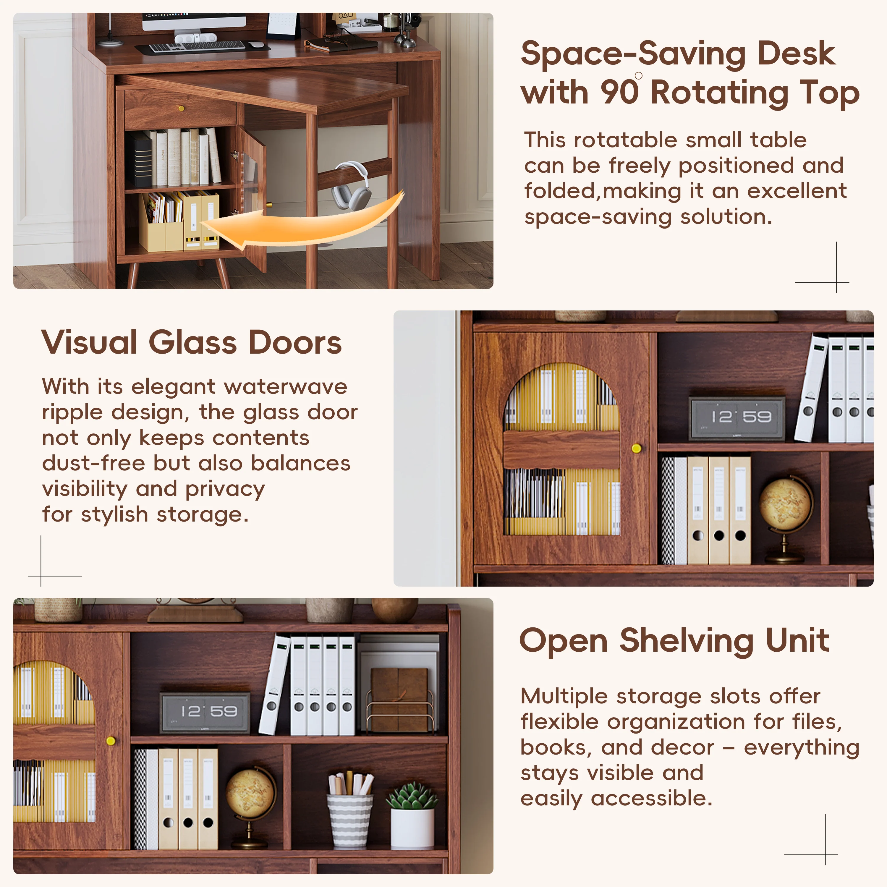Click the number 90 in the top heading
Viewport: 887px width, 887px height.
click(x=619, y=93)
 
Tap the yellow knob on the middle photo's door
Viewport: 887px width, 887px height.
click(x=636, y=448)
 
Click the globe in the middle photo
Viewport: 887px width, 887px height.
click(x=784, y=505)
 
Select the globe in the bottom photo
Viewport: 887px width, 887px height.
click(x=250, y=794)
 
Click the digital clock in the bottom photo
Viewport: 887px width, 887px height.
click(x=205, y=712)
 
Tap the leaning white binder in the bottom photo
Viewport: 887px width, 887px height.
click(x=275, y=684)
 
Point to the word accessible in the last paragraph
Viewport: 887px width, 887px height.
click(x=651, y=799)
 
